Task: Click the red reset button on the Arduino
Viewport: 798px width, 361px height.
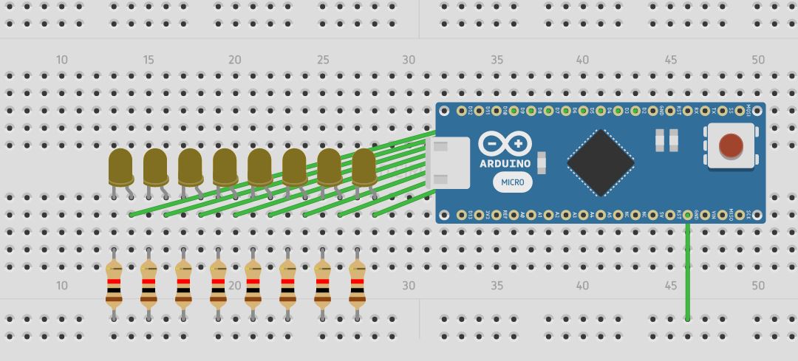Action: pos(731,145)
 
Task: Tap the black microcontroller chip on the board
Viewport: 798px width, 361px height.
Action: pos(601,162)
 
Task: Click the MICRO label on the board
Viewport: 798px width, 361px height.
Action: pos(513,182)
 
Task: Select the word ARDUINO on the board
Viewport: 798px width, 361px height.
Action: pos(505,163)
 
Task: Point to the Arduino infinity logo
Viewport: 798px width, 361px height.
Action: pos(505,143)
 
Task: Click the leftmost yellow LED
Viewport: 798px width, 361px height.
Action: pos(120,167)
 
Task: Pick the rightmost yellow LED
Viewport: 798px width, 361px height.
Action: pos(364,167)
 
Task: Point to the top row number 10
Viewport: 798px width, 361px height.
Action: pos(62,60)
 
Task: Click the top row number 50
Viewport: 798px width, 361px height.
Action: pos(758,60)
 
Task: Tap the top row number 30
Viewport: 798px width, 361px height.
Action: pos(409,60)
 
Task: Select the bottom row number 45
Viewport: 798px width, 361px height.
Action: pos(671,286)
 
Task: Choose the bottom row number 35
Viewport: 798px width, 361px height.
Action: pos(497,286)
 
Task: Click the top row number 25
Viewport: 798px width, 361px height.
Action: pos(323,60)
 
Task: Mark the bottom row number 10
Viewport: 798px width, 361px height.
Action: pos(62,286)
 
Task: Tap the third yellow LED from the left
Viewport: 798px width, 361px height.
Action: pos(190,167)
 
